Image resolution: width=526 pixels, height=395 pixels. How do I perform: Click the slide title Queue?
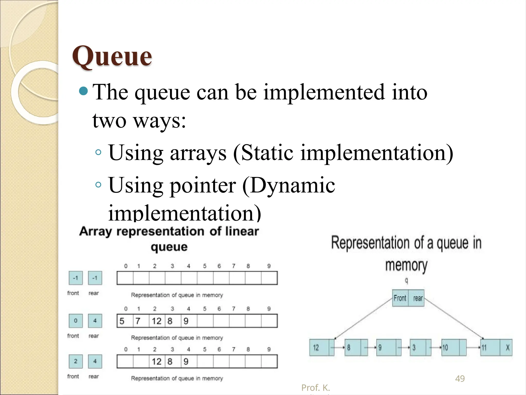coord(112,56)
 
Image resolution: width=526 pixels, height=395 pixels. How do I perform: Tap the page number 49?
coord(460,379)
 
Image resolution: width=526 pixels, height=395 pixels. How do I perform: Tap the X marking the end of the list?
coord(507,348)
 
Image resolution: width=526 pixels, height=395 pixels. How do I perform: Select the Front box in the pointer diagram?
coord(400,298)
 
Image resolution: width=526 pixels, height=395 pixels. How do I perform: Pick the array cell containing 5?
coord(125,321)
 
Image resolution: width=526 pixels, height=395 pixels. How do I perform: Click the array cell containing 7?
coord(141,321)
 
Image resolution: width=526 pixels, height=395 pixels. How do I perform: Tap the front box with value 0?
coord(76,321)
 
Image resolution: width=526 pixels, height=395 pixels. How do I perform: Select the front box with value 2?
coord(76,361)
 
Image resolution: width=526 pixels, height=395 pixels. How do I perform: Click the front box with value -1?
coord(76,278)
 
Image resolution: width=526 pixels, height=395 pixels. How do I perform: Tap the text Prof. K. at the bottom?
coord(315,388)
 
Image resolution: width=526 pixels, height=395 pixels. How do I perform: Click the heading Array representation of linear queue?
coord(169,239)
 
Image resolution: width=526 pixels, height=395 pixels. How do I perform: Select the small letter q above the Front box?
coord(406,281)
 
